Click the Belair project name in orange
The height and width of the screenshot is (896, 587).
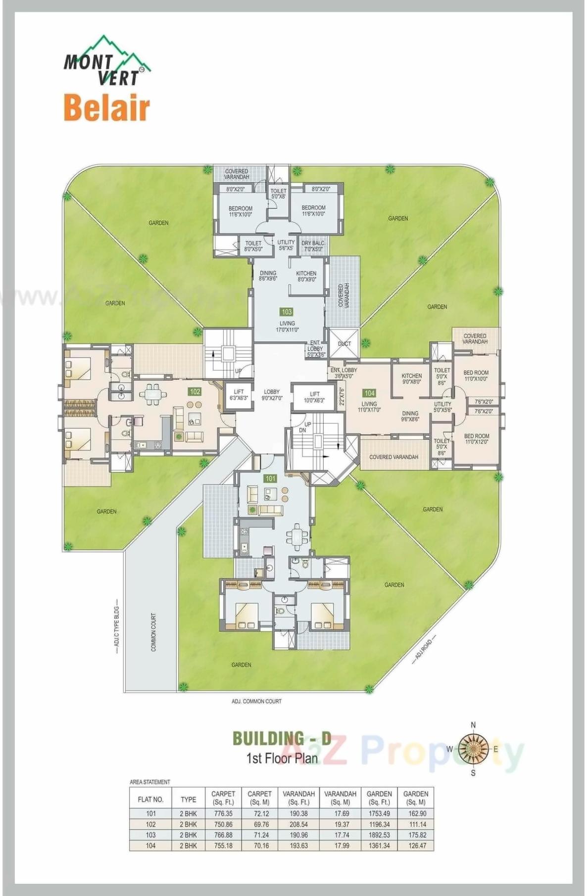[x=106, y=108]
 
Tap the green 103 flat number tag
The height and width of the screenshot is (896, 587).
[x=287, y=312]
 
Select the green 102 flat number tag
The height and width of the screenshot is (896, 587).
[x=195, y=391]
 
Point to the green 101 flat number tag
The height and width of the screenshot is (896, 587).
[x=270, y=478]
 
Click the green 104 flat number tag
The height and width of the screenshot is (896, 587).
[x=369, y=393]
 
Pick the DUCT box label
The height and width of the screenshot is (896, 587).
[x=344, y=343]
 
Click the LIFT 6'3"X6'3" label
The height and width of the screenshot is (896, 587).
[x=239, y=395]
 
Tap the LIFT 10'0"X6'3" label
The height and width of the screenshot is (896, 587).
[x=314, y=397]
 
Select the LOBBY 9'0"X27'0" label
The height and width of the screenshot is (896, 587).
[x=272, y=395]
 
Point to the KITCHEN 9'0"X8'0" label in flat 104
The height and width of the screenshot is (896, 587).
[x=411, y=378]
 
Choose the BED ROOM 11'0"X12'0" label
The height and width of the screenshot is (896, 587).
[x=476, y=439]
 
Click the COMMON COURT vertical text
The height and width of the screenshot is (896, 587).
[x=153, y=632]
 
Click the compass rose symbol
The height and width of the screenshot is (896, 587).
[x=473, y=749]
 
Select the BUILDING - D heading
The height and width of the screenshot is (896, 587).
[x=282, y=738]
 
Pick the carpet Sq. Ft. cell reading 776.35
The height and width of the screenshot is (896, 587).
[x=223, y=813]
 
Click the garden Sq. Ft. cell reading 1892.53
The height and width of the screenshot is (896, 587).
[x=379, y=835]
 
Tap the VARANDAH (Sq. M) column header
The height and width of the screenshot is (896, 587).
[x=340, y=798]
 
